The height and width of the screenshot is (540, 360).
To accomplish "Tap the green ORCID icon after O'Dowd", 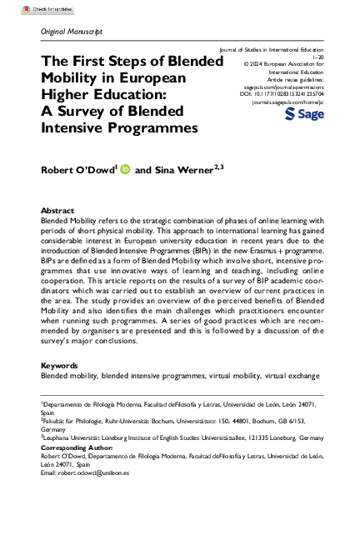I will [126, 169].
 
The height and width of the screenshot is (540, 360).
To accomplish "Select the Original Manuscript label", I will [72, 31].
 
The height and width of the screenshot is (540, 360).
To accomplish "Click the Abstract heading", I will [57, 211].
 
